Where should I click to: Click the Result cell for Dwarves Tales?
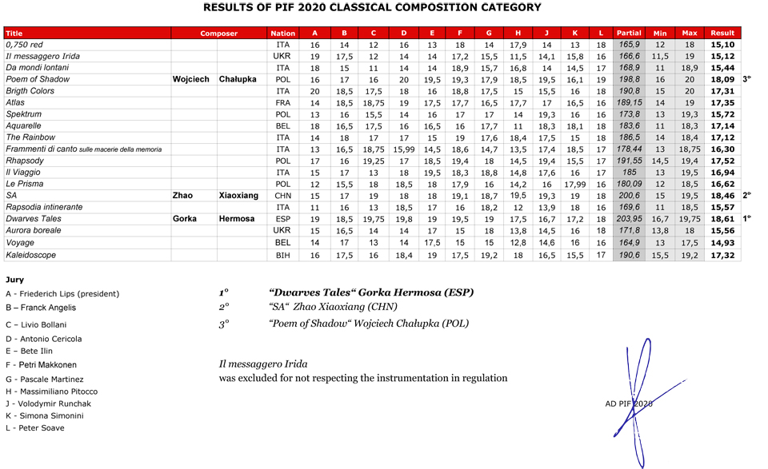pos(722,219)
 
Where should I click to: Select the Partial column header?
pos(629,34)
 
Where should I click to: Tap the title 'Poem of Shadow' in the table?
pos(38,79)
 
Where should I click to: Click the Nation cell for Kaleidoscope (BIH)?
pos(282,256)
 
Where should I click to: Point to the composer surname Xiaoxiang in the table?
pos(238,196)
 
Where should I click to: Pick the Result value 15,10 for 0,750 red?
pos(722,46)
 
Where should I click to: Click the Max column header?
pos(690,34)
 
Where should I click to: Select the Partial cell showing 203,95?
pos(629,219)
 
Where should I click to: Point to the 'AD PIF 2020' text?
pos(629,403)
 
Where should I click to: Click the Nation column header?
pos(282,34)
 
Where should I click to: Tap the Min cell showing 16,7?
pos(660,219)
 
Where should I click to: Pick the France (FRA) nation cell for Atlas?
pos(282,103)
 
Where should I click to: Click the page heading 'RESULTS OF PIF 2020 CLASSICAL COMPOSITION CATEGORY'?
pos(372,8)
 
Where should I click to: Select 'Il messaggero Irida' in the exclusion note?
pos(262,364)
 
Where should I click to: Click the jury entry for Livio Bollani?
pos(36,325)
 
